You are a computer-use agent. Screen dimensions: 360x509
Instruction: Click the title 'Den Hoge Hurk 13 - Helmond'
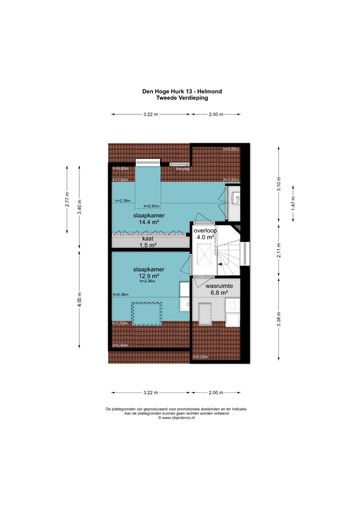pyautogui.click(x=182, y=91)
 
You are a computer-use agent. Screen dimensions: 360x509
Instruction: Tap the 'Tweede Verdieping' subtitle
pyautogui.click(x=182, y=98)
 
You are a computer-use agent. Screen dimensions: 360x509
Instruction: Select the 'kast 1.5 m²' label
pyautogui.click(x=148, y=242)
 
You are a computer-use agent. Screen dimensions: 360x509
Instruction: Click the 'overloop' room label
pyautogui.click(x=205, y=231)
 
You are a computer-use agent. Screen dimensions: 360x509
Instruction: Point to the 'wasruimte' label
pyautogui.click(x=219, y=286)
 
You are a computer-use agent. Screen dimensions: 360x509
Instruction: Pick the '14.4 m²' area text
pyautogui.click(x=149, y=222)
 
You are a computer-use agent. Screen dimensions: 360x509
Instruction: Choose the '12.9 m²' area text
pyautogui.click(x=149, y=276)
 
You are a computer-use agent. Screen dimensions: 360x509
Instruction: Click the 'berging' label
pyautogui.click(x=183, y=169)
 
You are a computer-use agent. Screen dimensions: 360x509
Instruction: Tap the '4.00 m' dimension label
pyautogui.click(x=79, y=299)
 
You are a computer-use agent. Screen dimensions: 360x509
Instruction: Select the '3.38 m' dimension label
pyautogui.click(x=279, y=319)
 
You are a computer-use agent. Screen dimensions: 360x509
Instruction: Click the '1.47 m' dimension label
pyautogui.click(x=293, y=203)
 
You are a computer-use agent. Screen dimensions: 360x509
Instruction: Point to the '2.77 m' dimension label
pyautogui.click(x=67, y=199)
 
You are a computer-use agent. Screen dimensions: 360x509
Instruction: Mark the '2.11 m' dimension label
pyautogui.click(x=279, y=250)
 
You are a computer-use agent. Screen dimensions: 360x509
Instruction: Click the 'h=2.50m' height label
pyautogui.click(x=151, y=206)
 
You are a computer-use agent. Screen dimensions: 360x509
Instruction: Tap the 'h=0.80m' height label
pyautogui.click(x=121, y=169)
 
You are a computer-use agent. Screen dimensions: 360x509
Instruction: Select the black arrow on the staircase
pyautogui.click(x=220, y=264)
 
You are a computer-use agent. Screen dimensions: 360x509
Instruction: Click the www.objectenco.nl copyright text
pyautogui.click(x=177, y=418)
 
